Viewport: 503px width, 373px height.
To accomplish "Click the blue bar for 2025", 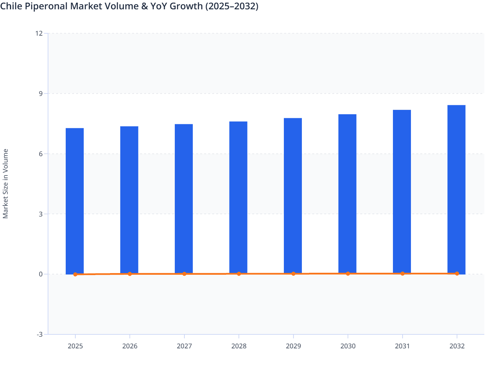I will coord(75,201).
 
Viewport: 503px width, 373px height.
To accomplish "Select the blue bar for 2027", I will coord(184,199).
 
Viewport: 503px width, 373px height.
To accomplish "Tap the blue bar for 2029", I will coord(293,196).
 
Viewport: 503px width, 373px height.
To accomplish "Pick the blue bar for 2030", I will coord(347,194).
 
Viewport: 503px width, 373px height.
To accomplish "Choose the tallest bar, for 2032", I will coord(456,189).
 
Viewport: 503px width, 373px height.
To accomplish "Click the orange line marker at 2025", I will coord(75,274).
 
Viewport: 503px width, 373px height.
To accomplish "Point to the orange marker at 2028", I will coord(239,274).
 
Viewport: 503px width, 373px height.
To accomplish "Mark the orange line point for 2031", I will coord(403,273).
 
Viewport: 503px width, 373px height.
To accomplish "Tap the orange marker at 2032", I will coord(457,273).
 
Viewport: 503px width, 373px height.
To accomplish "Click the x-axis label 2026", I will coord(130,346).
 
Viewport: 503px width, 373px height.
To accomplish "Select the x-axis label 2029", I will coord(293,346).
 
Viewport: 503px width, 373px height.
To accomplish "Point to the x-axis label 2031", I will coord(402,346).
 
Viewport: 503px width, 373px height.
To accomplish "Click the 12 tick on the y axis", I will coord(39,33).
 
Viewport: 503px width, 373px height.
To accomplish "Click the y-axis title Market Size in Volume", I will coord(6,184).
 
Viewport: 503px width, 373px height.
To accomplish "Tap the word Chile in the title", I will coord(11,6).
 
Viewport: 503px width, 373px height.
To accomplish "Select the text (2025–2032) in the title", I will coord(231,6).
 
